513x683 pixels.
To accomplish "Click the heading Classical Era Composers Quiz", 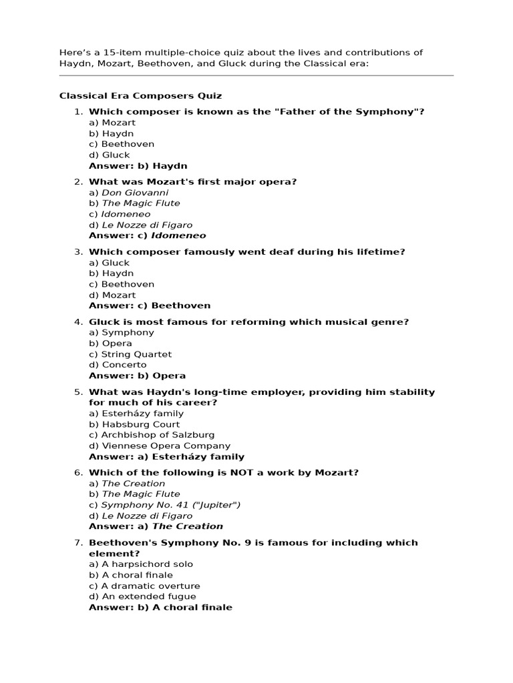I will pos(140,95).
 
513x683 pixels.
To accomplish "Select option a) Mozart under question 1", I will pos(112,123).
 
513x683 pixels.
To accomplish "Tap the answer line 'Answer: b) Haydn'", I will pos(138,165).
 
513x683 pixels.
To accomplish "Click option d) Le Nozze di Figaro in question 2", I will pos(140,225).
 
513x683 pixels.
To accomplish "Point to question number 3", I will pos(78,251).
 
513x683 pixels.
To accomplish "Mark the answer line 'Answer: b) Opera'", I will pos(138,376).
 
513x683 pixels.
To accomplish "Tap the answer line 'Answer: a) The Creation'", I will pos(156,526).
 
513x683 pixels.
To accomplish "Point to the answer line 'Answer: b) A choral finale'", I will pos(160,607).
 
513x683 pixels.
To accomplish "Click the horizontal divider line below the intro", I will pos(256,76).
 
